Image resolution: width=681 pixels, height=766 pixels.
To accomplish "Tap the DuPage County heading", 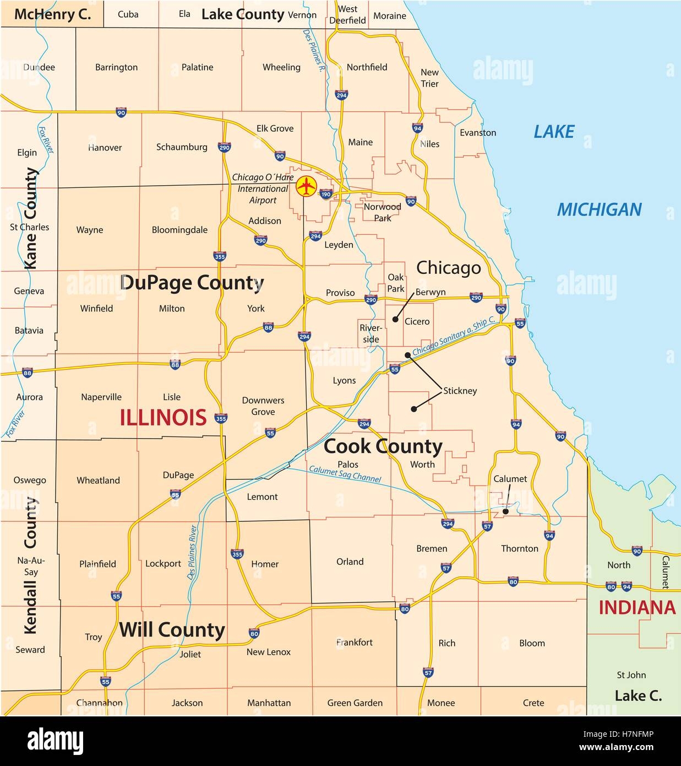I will pos(192,283).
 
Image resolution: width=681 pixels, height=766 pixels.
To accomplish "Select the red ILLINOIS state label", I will pos(164,417).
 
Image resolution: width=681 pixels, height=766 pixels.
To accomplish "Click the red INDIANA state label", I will pos(637,607).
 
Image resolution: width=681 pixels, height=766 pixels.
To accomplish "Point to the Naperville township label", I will pos(101,397).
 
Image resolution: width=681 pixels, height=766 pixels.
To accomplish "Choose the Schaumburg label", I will pos(182,147).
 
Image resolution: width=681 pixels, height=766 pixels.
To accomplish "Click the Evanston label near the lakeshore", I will pos(478,133).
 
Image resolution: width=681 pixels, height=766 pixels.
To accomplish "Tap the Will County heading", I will pos(172,629).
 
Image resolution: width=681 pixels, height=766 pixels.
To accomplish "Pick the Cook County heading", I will pos(383,446).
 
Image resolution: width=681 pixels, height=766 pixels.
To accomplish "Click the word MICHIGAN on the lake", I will pos(599,209).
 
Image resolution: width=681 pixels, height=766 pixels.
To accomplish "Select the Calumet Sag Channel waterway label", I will pos(345,474).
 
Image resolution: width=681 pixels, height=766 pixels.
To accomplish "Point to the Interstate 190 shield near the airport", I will pos(326,194).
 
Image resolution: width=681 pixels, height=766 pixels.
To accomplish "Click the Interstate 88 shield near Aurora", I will pos(28,373).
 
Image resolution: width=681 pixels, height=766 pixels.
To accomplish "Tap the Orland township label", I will pos(350,562).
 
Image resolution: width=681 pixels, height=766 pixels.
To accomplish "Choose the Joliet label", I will pos(190,654).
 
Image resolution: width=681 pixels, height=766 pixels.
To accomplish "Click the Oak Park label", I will pos(396,283).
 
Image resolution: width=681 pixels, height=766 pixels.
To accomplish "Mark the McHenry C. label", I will pos(52,14).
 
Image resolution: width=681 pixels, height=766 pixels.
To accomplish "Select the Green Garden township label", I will pos(355,703).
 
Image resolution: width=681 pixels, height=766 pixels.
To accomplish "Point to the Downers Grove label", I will pos(263,406).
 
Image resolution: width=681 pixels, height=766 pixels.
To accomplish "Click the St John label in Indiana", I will pos(631,675).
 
